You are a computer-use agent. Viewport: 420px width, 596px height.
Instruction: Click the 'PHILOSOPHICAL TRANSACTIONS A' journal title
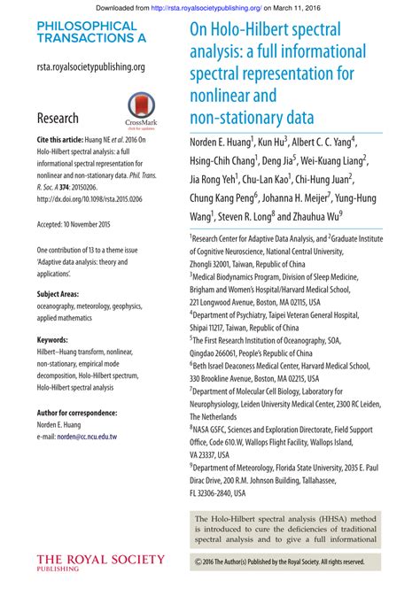[x=87, y=33]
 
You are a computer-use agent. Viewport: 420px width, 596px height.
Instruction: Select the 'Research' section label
[x=58, y=118]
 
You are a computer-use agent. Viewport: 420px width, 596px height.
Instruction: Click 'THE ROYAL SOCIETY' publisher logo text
[x=100, y=559]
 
